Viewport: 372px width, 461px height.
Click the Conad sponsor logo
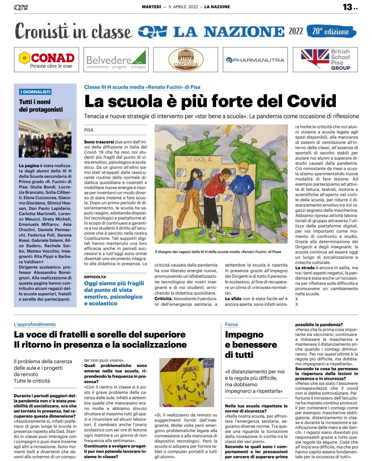coord(47,60)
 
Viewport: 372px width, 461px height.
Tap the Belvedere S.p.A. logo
coord(116,60)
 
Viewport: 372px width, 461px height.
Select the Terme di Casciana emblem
coord(186,60)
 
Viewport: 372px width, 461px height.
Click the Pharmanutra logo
coord(255,60)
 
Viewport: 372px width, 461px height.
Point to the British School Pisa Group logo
coord(325,60)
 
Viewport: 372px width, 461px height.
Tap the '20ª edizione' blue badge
coord(331,31)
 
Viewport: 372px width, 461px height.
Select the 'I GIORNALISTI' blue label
coord(35,92)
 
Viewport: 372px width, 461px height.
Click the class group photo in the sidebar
coord(45,139)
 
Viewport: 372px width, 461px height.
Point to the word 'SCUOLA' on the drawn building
coord(199,159)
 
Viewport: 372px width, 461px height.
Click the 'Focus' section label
coord(231,324)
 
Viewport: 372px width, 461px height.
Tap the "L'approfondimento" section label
coord(35,324)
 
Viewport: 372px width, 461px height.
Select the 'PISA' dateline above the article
coord(89,130)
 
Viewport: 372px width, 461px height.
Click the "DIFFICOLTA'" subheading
coord(95,277)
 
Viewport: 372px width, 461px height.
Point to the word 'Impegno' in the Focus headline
coord(244,334)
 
